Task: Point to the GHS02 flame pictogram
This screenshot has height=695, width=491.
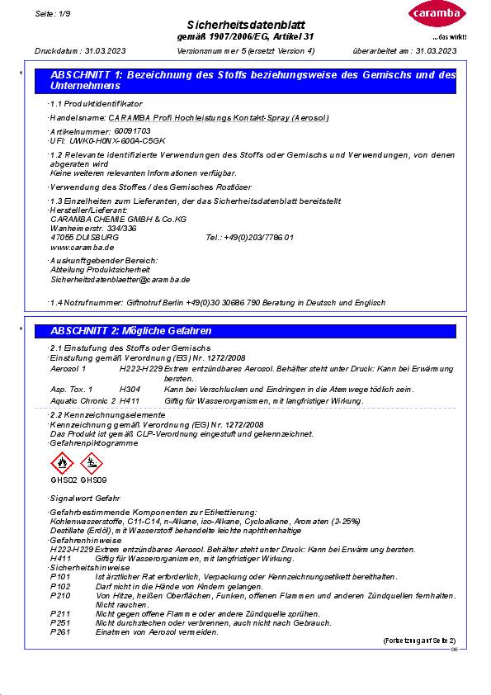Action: click(x=63, y=464)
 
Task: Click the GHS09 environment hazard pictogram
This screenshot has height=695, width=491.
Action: click(x=93, y=464)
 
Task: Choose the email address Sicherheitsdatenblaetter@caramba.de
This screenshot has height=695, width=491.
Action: click(x=120, y=280)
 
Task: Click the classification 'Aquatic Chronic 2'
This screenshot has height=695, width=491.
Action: click(x=83, y=400)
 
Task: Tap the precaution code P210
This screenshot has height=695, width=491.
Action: click(x=60, y=594)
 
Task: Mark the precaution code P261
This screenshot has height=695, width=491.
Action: click(x=60, y=631)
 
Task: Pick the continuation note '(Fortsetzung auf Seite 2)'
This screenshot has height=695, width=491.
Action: click(x=418, y=641)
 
